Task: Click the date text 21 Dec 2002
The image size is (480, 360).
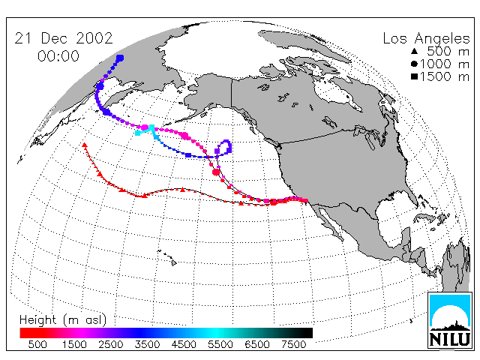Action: point(64,38)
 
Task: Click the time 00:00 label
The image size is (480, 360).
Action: point(58,56)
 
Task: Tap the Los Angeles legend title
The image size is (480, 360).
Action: point(426,39)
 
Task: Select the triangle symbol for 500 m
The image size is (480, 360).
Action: point(414,51)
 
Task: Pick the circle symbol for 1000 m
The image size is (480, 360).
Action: point(414,64)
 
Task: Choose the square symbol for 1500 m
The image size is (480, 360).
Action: point(414,76)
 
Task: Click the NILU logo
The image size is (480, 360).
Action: point(449,320)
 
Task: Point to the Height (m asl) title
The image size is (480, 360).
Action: point(63,320)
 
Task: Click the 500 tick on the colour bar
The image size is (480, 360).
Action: point(37,345)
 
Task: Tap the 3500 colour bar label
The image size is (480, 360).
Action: point(147,345)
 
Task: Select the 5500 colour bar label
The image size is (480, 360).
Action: point(220,345)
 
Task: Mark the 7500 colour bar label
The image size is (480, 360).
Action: point(293,345)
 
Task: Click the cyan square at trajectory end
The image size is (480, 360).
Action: point(138,133)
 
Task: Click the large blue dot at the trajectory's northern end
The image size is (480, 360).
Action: point(120,58)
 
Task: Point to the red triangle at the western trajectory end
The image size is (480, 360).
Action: point(85,145)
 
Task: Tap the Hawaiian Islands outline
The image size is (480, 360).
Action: point(167,256)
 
